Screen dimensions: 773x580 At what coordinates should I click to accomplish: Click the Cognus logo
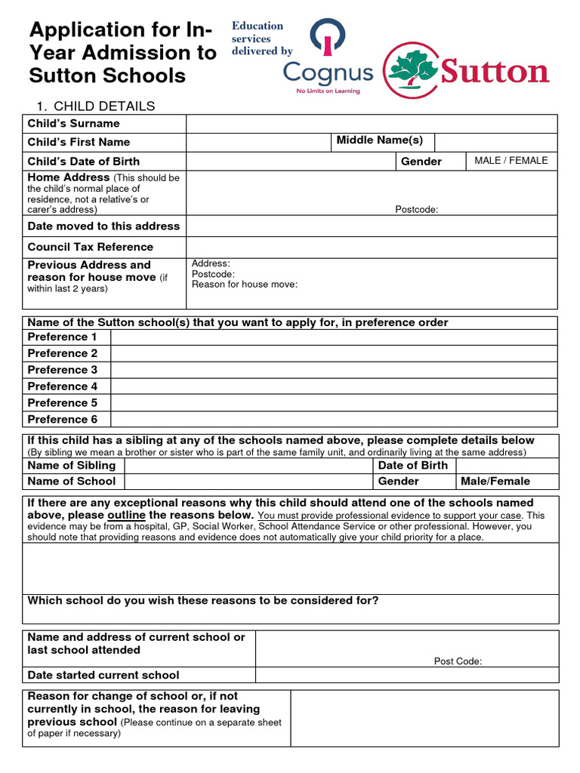click(328, 72)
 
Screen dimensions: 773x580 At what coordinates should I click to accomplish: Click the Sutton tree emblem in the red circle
click(411, 70)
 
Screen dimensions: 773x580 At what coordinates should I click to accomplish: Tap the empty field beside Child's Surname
click(372, 123)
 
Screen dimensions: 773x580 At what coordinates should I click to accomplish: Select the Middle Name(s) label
click(380, 140)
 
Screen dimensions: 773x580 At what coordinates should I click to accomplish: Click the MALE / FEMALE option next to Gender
click(511, 161)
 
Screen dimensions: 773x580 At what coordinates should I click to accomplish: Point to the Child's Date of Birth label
click(84, 162)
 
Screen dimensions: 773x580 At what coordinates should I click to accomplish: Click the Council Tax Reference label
click(90, 247)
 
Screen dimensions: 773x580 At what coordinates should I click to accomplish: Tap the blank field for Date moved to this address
click(372, 226)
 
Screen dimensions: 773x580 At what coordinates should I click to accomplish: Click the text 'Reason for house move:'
click(245, 285)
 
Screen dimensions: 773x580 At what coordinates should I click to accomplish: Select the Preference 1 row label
click(63, 337)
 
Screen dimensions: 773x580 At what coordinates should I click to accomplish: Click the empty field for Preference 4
click(334, 386)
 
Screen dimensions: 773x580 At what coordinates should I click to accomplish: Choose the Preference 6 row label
click(63, 420)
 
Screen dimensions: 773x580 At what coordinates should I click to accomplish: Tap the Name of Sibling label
click(72, 466)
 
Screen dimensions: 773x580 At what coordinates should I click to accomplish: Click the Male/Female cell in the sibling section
click(495, 482)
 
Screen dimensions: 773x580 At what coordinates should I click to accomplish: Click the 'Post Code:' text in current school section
click(458, 661)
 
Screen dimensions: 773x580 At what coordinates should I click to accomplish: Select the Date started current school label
click(103, 675)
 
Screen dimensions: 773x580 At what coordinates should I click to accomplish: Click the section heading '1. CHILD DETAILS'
click(96, 106)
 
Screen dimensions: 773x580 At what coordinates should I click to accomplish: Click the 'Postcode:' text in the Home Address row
click(417, 210)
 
